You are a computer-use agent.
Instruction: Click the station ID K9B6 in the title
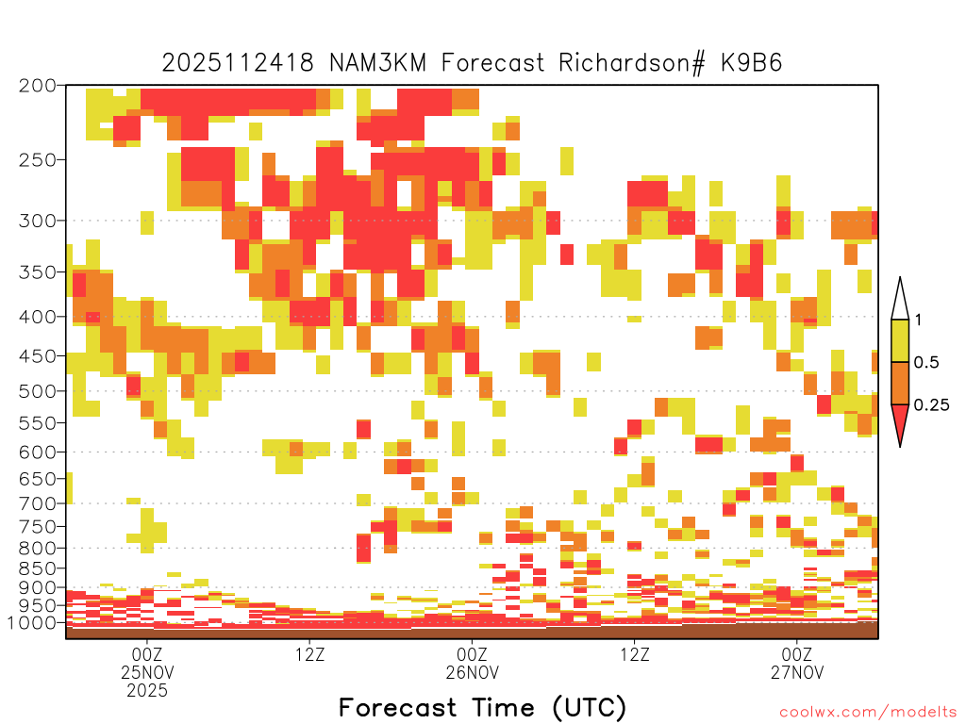point(752,63)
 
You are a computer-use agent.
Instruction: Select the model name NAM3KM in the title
point(377,63)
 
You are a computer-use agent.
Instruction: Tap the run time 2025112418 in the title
point(238,63)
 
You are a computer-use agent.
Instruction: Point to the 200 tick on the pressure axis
point(38,86)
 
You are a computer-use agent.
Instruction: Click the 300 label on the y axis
point(38,220)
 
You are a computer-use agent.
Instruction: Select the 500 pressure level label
point(38,391)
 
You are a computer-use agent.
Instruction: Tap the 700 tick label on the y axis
point(38,503)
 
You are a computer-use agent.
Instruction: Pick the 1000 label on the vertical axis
point(32,623)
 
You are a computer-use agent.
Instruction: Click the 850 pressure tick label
point(38,568)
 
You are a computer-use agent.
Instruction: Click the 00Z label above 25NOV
point(146,654)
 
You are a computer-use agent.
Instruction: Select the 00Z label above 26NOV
point(472,654)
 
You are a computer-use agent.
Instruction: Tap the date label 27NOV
point(797,672)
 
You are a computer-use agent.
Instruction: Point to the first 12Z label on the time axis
point(309,654)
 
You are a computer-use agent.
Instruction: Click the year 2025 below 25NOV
point(146,691)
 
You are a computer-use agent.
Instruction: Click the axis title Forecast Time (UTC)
point(482,708)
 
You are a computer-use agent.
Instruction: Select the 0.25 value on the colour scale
point(931,405)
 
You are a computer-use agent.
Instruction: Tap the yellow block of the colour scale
point(900,340)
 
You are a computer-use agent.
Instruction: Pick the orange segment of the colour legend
point(900,383)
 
